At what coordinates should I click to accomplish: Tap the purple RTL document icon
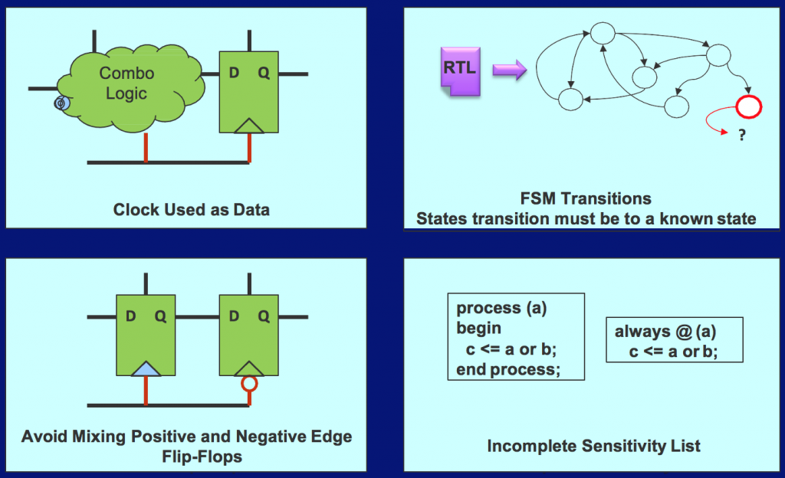459,70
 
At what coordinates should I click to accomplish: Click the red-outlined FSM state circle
747,107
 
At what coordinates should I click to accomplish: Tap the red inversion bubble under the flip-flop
249,383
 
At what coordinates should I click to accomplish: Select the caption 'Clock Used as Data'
191,209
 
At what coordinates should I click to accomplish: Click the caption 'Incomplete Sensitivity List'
593,445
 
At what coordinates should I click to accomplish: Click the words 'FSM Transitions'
586,199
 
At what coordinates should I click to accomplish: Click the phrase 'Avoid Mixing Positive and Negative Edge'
187,437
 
